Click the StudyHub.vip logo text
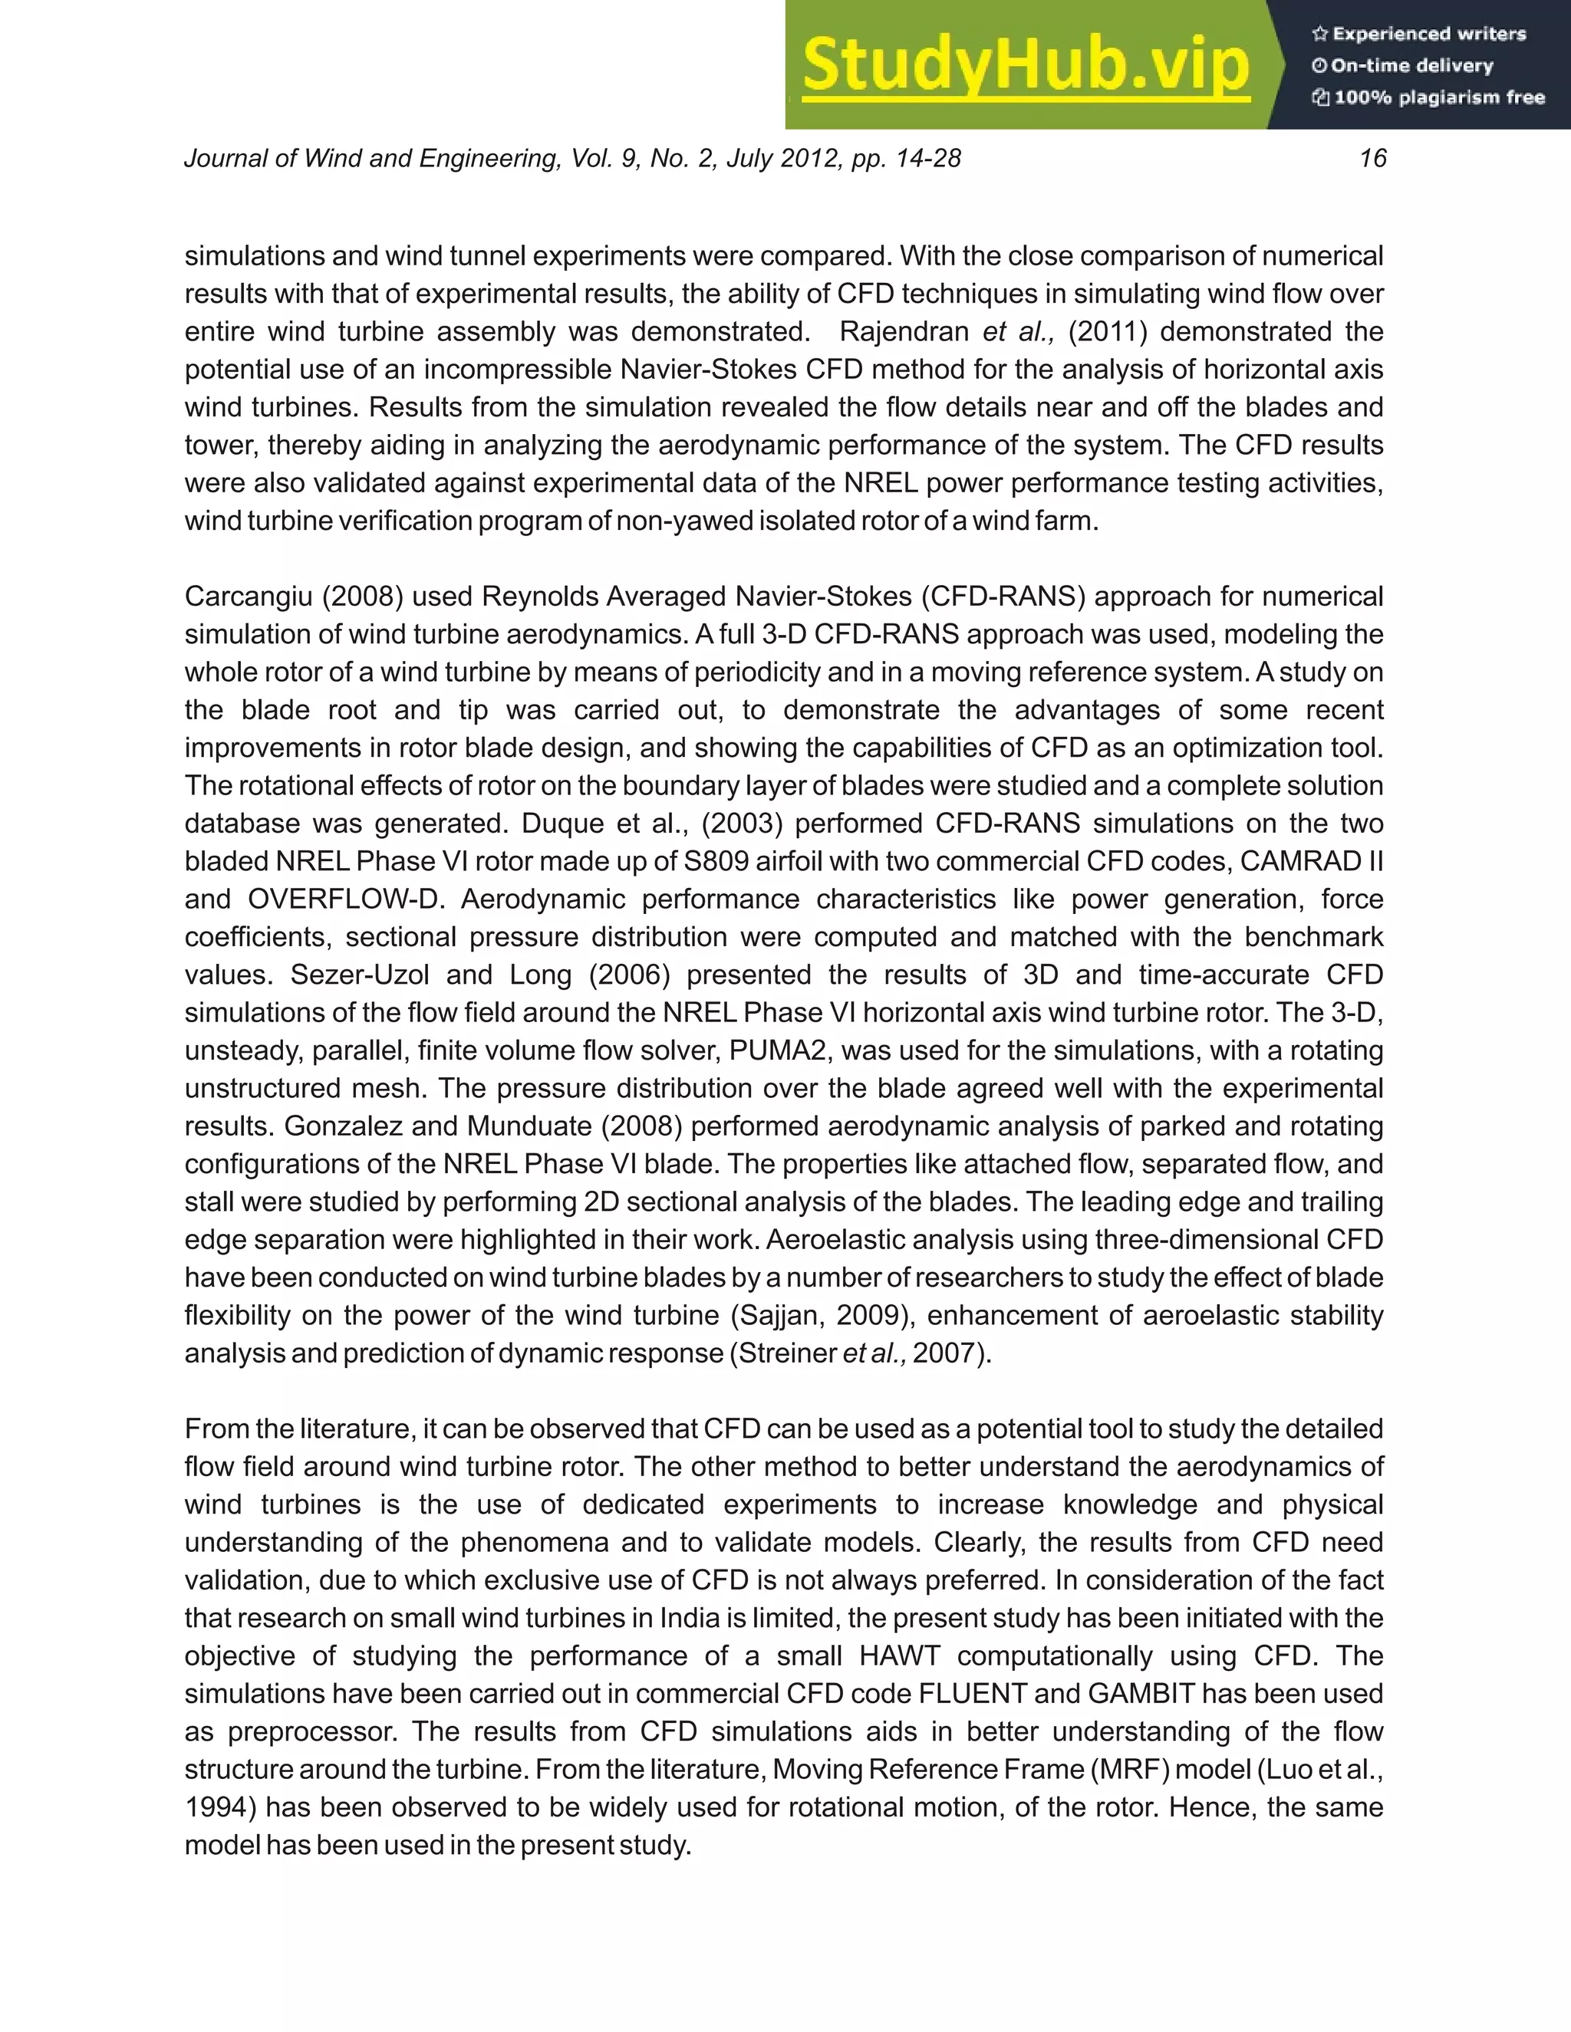coord(1025,65)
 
